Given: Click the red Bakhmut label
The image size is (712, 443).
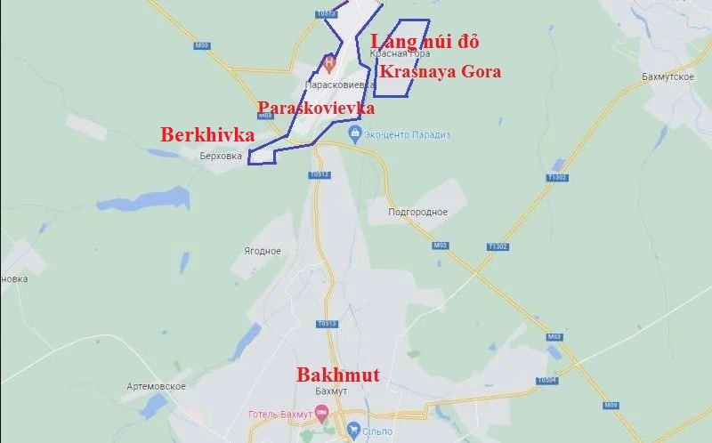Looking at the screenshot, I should click(337, 375).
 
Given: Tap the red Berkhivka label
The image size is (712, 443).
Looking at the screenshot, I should click(207, 135).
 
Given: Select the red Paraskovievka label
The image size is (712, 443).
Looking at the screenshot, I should click(316, 108).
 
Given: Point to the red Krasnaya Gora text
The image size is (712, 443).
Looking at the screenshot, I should click(440, 71).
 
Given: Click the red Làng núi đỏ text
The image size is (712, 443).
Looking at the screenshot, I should click(425, 42).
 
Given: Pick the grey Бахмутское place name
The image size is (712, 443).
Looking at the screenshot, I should click(667, 77).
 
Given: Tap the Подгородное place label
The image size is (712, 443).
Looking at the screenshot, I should click(418, 212).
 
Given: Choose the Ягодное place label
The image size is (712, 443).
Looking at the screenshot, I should click(263, 251).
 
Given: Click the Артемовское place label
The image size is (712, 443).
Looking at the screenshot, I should click(156, 385).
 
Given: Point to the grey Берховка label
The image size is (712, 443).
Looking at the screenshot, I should click(222, 155).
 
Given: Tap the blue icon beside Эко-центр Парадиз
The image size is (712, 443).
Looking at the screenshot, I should click(355, 134).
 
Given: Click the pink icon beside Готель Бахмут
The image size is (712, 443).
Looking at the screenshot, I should click(322, 412).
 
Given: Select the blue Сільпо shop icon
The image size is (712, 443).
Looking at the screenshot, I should click(353, 430).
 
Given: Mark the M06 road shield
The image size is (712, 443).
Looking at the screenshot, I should click(611, 405).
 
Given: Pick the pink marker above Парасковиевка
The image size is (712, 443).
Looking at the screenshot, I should click(328, 63).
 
